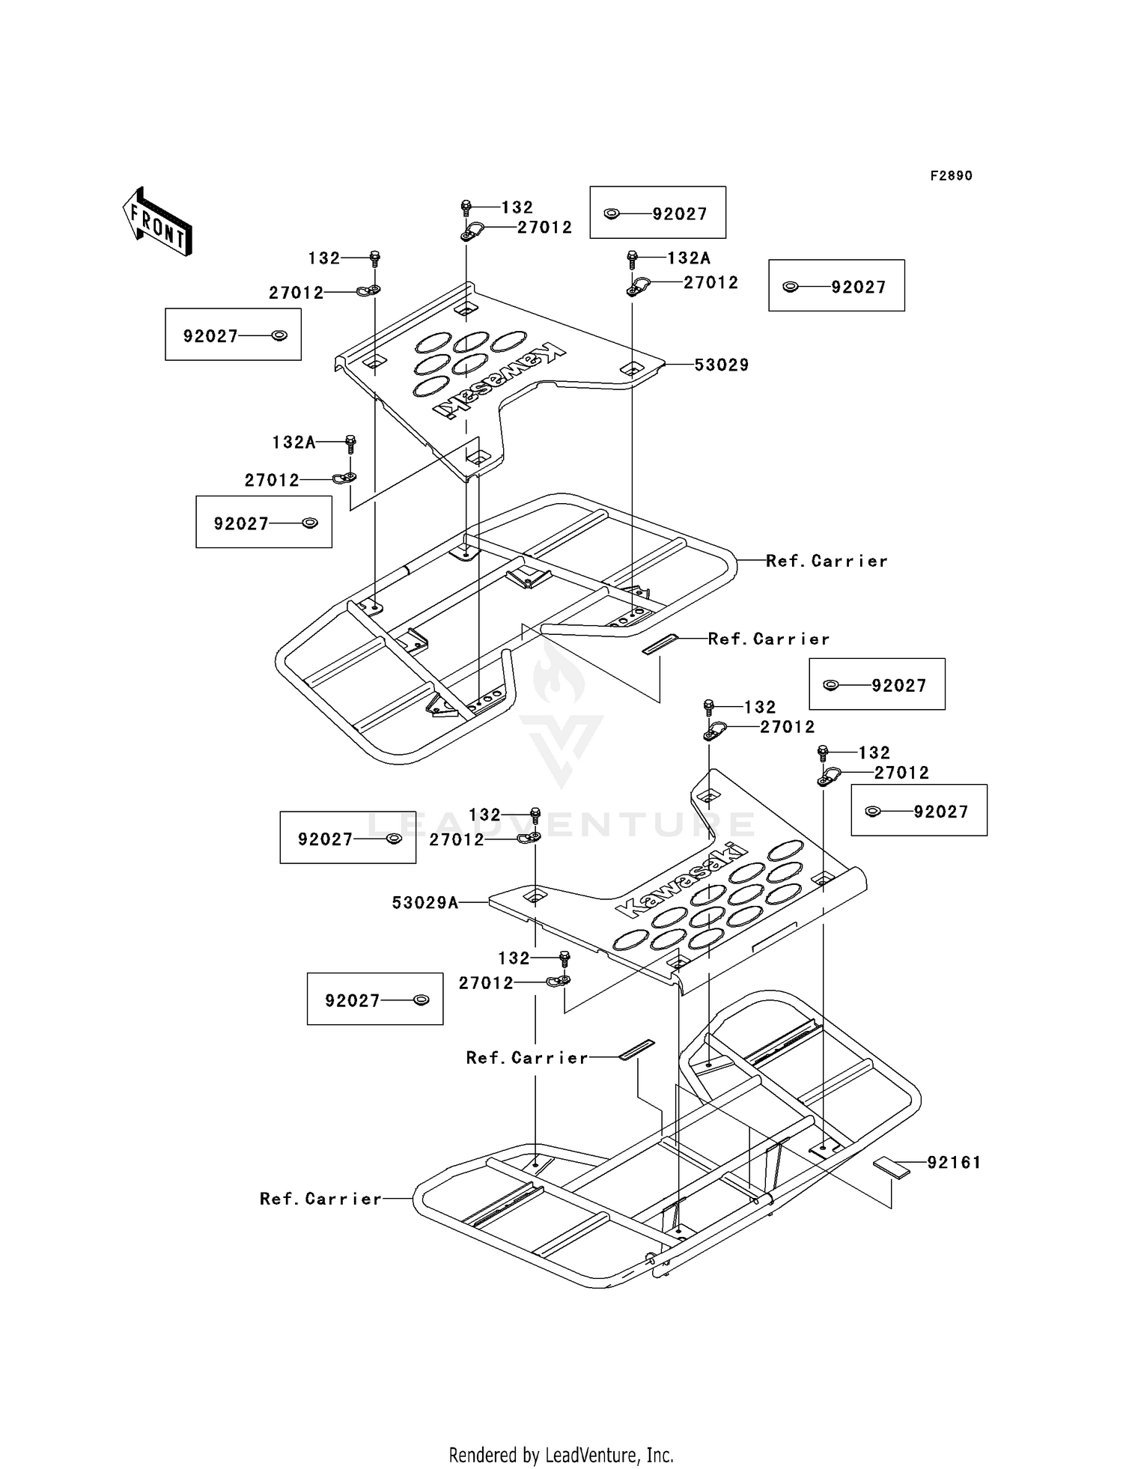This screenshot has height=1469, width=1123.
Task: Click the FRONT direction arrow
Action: tap(158, 222)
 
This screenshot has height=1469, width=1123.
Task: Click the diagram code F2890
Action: tap(951, 175)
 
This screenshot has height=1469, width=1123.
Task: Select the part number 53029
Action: tap(721, 365)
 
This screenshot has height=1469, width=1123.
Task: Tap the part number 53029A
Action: tap(424, 903)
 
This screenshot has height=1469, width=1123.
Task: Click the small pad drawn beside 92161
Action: tap(891, 1167)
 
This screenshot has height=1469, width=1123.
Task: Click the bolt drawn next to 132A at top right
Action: tap(632, 258)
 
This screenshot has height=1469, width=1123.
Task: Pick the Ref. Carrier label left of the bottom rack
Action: tap(320, 1199)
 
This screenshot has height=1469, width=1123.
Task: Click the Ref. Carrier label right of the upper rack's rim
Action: tap(827, 561)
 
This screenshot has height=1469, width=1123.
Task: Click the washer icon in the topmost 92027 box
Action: tap(612, 213)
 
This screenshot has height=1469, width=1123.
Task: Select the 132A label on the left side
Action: tap(293, 442)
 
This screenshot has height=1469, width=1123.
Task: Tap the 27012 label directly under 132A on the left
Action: tap(272, 480)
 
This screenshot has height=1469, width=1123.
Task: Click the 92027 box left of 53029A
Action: tap(347, 837)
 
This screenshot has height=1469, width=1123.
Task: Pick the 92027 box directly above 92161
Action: tap(919, 810)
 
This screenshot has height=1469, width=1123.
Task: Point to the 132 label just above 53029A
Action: tap(484, 815)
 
